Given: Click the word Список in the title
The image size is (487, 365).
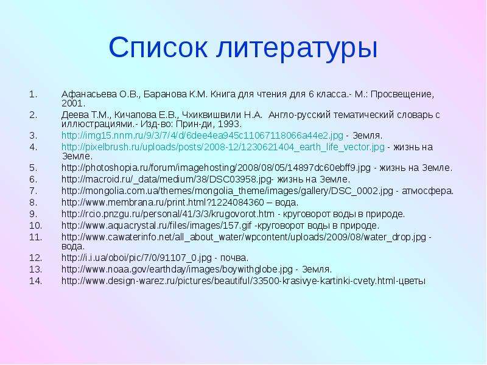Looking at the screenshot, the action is coord(158,47).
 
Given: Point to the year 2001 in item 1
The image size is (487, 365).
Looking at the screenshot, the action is coord(72,103).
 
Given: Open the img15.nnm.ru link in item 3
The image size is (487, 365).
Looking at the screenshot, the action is coord(202,136).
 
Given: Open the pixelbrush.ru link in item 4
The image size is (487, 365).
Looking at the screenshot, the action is coord(223,147).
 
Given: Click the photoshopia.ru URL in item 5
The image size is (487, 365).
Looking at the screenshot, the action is coord(216,168).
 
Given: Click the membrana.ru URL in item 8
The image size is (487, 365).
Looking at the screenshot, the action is coord(163,203).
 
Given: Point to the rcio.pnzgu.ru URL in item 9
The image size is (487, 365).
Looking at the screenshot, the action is coord(168,214).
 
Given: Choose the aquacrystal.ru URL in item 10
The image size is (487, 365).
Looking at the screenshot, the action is coord(156,226).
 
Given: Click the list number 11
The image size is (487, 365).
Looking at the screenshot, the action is coord(35,237).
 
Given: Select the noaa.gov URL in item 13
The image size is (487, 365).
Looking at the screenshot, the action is coord(177,269).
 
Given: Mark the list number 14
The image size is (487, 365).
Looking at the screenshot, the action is coord(35,281).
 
